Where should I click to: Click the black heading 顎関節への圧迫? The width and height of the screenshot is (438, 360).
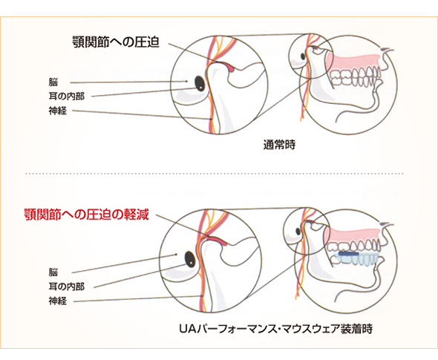(x=116, y=42)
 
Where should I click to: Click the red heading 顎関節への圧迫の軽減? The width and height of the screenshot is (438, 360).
(x=87, y=215)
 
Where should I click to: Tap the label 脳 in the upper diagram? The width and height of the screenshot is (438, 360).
(x=53, y=82)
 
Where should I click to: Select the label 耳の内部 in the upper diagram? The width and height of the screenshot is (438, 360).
(x=67, y=96)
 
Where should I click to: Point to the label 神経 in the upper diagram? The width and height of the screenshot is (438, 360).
(x=58, y=111)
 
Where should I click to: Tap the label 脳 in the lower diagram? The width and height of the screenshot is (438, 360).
(x=53, y=272)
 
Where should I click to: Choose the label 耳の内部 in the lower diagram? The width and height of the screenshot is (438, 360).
(x=67, y=287)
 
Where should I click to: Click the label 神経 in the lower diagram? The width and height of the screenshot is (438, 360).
(x=58, y=301)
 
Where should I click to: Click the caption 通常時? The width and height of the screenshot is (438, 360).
(x=279, y=145)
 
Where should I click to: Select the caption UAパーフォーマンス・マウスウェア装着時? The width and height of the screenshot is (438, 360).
(x=275, y=329)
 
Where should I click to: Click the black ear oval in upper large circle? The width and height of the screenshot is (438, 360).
(x=200, y=84)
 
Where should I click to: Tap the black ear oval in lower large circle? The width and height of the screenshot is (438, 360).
(x=190, y=259)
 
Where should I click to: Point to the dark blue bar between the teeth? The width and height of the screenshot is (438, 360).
(x=349, y=254)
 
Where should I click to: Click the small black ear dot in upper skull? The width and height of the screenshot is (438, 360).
(x=303, y=56)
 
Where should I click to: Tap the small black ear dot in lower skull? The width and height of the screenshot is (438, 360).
(x=298, y=232)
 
